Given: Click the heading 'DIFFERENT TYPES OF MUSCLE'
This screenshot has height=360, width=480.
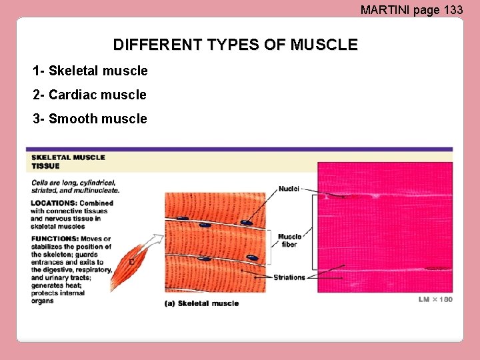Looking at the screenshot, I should click(x=235, y=45).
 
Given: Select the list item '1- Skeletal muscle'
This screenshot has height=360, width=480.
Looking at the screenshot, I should click(x=90, y=71).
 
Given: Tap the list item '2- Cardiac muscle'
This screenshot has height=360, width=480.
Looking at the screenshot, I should click(x=89, y=95).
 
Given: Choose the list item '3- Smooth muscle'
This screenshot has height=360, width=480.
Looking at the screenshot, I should click(x=90, y=119).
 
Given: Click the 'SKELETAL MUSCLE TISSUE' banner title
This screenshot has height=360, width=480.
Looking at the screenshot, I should click(x=68, y=161).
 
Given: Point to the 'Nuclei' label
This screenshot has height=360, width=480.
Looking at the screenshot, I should click(x=289, y=189).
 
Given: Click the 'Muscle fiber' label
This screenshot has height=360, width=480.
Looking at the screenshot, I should click(x=289, y=240).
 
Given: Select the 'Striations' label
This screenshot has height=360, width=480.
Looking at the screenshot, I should click(x=289, y=277).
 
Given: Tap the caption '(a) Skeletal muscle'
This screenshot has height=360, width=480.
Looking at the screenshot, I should click(x=201, y=303).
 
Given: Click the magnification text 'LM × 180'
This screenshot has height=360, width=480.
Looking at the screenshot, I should click(x=435, y=299).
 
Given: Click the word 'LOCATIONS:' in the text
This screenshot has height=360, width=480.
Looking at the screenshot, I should click(x=53, y=203).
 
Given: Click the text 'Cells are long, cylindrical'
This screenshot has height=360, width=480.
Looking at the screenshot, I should click(x=73, y=183).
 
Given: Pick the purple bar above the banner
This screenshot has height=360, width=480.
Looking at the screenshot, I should click(x=239, y=149).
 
